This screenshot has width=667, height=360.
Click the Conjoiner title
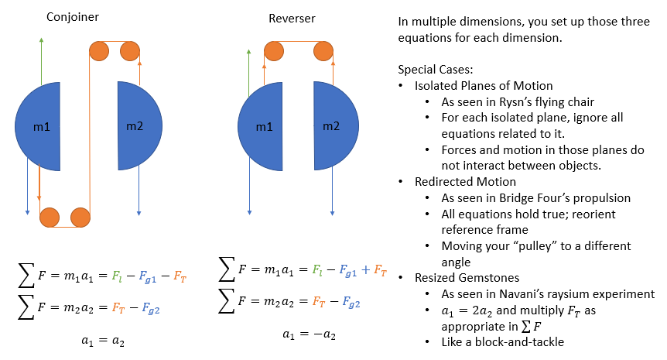tap(72, 17)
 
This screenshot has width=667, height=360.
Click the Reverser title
tap(292, 19)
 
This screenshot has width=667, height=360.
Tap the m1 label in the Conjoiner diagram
tap(42, 127)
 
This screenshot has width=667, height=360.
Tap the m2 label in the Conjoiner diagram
tap(135, 126)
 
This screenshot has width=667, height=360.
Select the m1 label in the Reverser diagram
tap(264, 127)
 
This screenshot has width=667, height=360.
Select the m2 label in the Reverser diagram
tap(331, 126)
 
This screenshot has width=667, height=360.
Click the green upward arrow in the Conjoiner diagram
tap(41, 61)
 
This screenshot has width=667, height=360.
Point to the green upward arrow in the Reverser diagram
tap(249, 73)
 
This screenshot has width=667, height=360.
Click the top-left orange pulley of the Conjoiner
tap(99, 51)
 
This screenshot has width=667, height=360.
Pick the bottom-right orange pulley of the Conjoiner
tap(80, 218)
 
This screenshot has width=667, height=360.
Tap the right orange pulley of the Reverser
tap(323, 51)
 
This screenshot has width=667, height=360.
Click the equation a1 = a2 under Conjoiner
tap(103, 341)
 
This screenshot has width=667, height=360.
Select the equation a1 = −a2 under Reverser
tap(310, 334)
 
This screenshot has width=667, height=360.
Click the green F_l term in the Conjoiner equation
tap(117, 276)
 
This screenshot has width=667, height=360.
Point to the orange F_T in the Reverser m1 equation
tap(380, 269)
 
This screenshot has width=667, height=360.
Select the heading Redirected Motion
tap(465, 182)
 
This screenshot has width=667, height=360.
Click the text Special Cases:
tap(435, 70)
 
